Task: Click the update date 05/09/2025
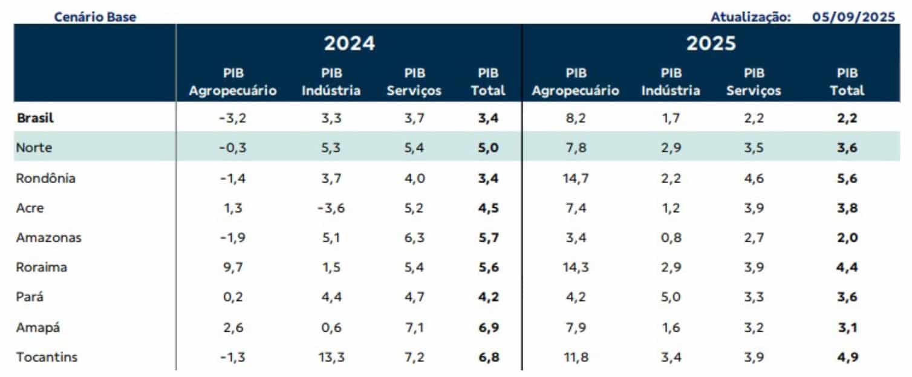click(853, 17)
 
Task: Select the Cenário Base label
click(95, 17)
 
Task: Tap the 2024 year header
click(349, 43)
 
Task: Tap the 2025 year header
click(711, 43)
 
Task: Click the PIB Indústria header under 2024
click(332, 82)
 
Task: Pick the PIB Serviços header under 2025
click(754, 82)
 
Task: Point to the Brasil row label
click(35, 118)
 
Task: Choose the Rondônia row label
click(46, 178)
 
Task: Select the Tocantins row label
click(47, 357)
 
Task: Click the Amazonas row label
click(48, 237)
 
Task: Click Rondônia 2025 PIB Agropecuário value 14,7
click(576, 178)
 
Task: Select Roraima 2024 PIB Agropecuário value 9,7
click(233, 268)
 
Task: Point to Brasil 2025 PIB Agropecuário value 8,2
click(576, 118)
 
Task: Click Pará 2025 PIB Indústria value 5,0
click(671, 297)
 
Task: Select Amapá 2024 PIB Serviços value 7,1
click(414, 327)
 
